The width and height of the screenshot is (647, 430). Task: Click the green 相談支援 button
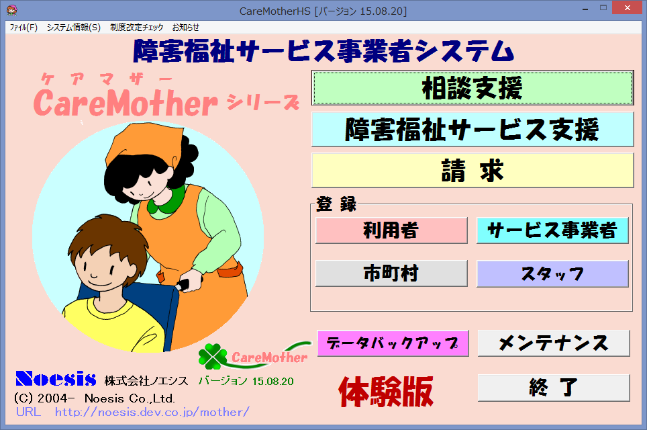[x=472, y=88]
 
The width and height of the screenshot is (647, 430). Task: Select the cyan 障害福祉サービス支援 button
[x=472, y=129]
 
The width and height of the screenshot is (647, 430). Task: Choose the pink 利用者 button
[x=391, y=230]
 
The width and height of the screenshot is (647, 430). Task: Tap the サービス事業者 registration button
[x=552, y=230]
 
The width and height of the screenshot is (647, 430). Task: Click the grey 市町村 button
[x=391, y=273]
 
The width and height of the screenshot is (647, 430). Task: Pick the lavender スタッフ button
[x=552, y=273]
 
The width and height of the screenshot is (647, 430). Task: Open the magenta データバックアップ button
[x=393, y=343]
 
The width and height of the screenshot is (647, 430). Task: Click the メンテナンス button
[x=554, y=343]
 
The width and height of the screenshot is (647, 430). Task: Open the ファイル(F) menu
[x=23, y=28]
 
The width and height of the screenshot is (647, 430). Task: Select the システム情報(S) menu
[x=73, y=28]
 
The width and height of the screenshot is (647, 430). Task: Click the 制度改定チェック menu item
[x=136, y=28]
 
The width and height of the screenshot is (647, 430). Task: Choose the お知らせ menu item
[x=186, y=28]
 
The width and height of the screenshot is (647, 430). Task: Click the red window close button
[x=627, y=8]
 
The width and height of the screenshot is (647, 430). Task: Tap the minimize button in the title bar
[x=585, y=9]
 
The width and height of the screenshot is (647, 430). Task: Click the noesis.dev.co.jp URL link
[x=152, y=412]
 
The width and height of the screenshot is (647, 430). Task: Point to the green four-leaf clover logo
[x=213, y=357]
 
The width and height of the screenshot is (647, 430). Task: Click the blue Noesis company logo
[x=56, y=379]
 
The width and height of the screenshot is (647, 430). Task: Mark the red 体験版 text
[x=386, y=391]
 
